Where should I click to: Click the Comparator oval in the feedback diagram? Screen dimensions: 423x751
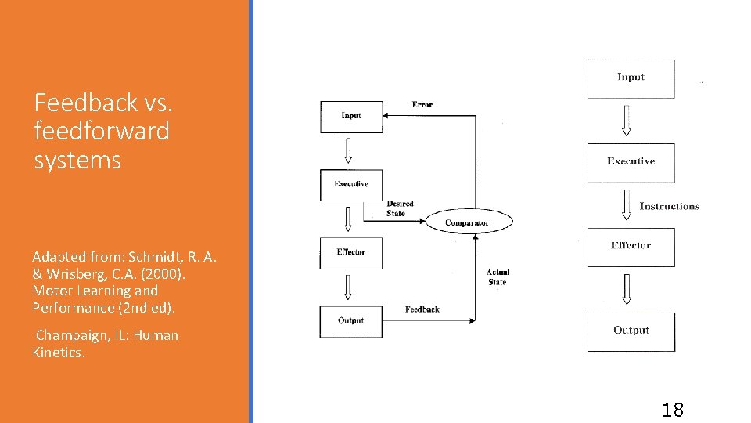coord(468,222)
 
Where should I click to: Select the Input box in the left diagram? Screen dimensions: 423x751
coord(351,117)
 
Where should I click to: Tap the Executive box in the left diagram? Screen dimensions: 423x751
coord(351,185)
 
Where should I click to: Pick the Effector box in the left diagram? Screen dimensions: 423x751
coord(351,253)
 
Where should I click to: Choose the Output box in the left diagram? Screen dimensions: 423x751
coord(351,321)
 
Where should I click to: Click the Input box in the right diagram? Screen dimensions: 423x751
coord(631,78)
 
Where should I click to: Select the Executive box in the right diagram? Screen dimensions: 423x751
coord(631,162)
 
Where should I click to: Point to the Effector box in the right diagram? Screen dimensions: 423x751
coord(631,247)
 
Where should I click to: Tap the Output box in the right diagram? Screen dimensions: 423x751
coord(631,331)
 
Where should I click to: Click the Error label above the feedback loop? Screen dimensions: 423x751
coord(422,104)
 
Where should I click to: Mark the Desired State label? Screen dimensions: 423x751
coord(400,208)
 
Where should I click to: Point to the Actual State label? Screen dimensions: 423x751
coord(498,277)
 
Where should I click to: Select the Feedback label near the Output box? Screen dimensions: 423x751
coord(422,309)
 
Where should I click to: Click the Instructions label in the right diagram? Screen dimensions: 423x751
coord(670,206)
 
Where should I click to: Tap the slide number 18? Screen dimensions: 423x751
coord(672,409)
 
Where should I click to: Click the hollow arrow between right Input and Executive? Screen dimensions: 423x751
coord(626,120)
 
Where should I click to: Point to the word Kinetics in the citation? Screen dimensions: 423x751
coord(59,352)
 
